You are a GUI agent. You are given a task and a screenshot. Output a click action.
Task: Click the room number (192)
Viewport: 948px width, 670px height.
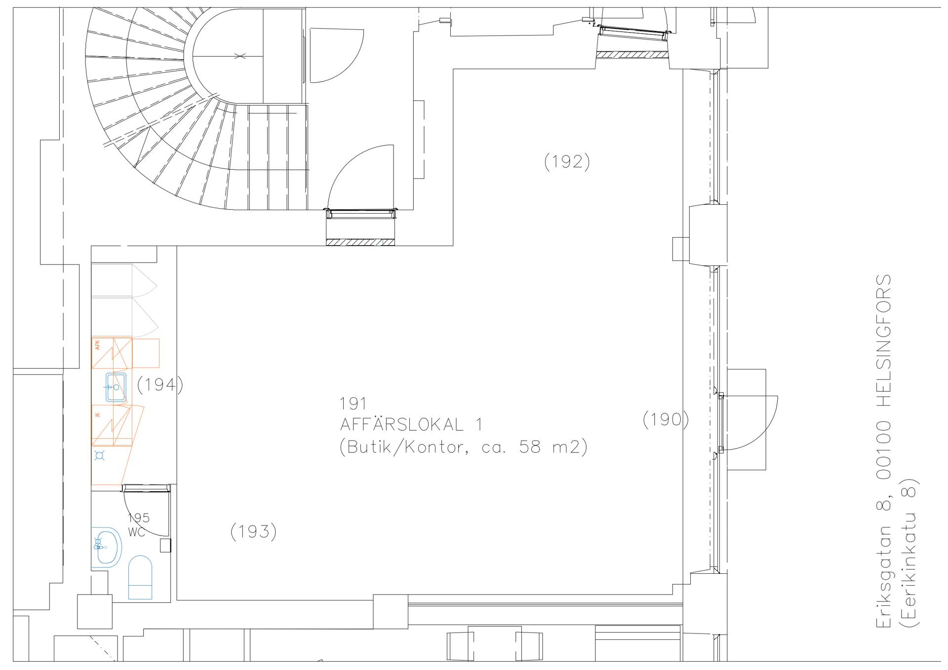(567, 162)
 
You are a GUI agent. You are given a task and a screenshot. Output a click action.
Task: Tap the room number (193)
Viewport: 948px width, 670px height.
(253, 531)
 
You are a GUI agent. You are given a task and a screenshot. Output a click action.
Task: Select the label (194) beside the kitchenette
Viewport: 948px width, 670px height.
(159, 385)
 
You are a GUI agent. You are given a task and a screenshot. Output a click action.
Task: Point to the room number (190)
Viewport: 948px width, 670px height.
(666, 420)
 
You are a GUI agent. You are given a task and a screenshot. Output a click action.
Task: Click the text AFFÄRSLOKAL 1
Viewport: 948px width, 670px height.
(411, 425)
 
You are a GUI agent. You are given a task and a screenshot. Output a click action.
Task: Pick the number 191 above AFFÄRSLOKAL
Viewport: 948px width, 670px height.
(353, 404)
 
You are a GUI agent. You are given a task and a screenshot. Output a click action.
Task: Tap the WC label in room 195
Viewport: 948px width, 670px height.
(137, 532)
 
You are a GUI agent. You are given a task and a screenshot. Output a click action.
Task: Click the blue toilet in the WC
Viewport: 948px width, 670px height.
(140, 577)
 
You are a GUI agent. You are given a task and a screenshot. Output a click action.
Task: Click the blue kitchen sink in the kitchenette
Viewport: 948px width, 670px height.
(116, 387)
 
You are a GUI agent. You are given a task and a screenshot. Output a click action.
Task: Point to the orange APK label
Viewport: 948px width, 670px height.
(97, 345)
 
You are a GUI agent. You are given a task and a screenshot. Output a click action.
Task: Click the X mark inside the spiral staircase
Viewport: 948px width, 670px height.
(240, 56)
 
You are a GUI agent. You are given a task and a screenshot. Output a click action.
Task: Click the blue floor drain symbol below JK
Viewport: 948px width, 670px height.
(100, 456)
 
